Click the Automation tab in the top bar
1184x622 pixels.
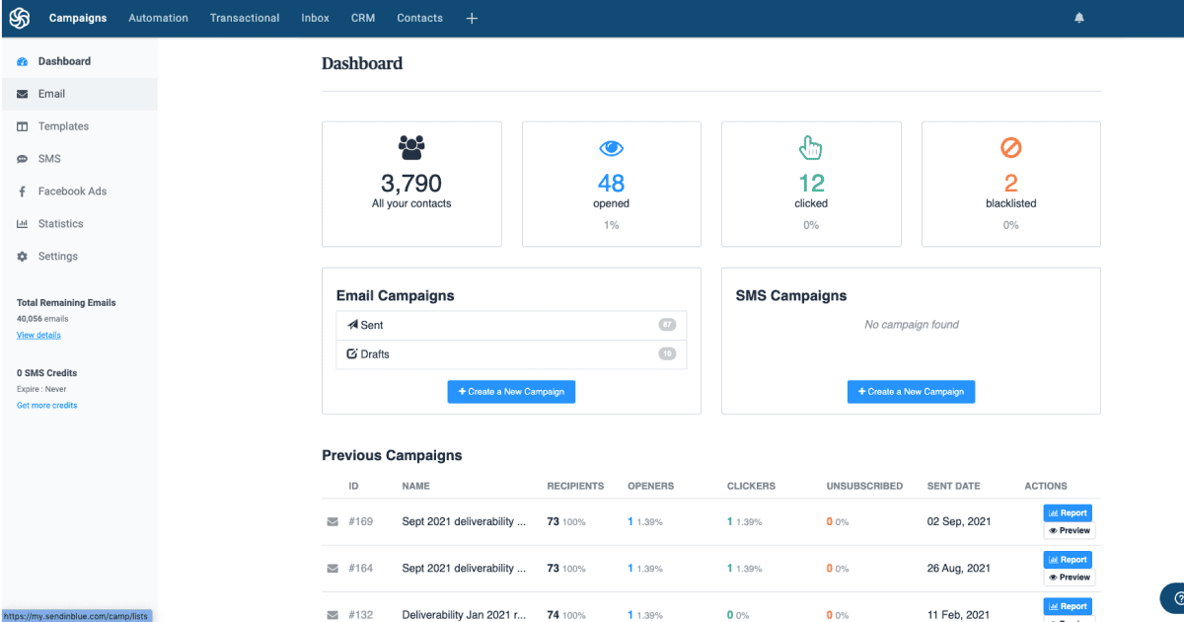(158, 18)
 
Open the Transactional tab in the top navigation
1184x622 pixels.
(245, 18)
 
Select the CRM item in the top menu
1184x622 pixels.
(363, 18)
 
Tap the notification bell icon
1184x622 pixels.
(1079, 18)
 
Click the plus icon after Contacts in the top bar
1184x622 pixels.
(472, 18)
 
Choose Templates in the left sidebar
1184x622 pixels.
(63, 126)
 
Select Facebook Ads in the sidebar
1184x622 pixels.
(72, 192)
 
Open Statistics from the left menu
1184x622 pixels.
(60, 224)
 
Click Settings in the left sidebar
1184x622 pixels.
(57, 257)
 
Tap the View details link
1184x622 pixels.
(38, 336)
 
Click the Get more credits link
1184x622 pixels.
(46, 406)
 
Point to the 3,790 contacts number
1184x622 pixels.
(411, 183)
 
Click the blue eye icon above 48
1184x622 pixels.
(612, 148)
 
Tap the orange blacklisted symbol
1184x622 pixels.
(1010, 148)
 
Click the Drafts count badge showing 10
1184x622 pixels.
(667, 353)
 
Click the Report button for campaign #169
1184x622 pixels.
(1068, 513)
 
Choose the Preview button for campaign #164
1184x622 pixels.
(1070, 578)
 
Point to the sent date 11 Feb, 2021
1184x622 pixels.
(959, 615)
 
